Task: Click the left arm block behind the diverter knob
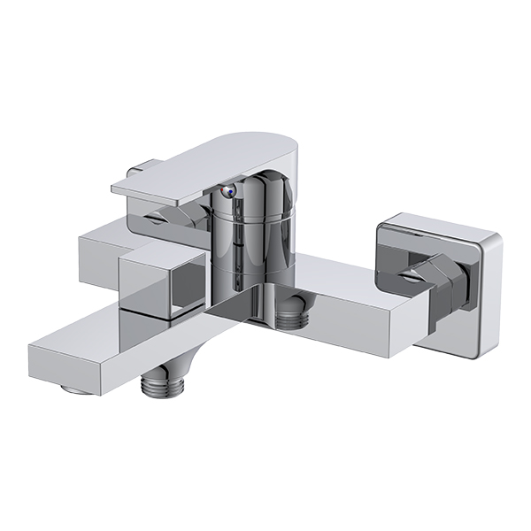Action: (102, 257)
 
